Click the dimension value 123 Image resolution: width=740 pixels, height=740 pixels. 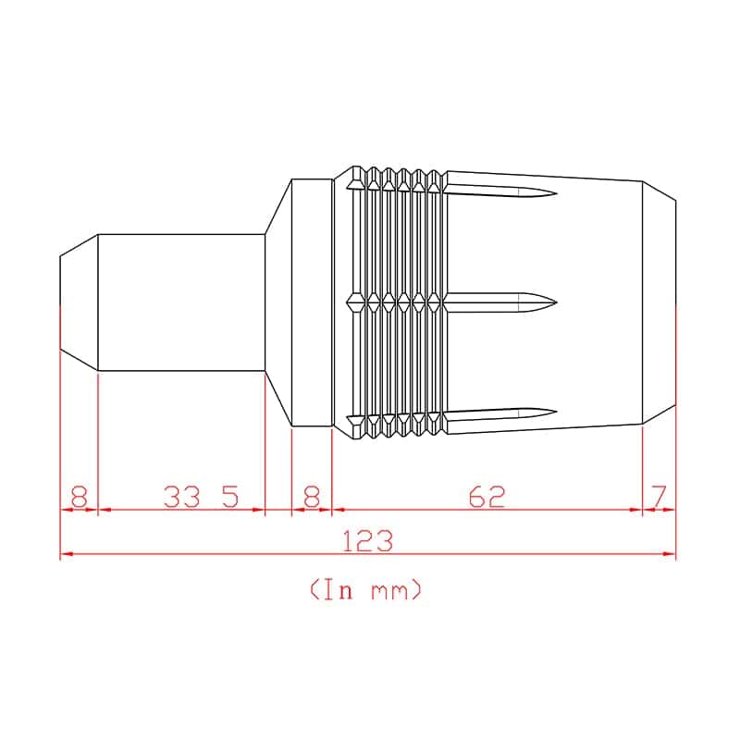(x=367, y=541)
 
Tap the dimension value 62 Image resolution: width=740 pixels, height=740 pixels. (x=487, y=497)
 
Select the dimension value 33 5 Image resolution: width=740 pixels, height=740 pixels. (x=201, y=497)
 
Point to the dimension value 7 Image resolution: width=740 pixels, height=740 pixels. (x=659, y=497)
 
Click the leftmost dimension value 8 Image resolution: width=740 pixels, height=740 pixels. (x=80, y=497)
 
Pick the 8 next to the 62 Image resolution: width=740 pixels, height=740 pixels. (x=312, y=497)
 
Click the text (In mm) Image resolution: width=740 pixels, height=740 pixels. (x=365, y=589)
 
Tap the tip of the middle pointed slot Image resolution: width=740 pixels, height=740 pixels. (x=557, y=302)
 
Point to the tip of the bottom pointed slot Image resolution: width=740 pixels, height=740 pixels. (x=557, y=413)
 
